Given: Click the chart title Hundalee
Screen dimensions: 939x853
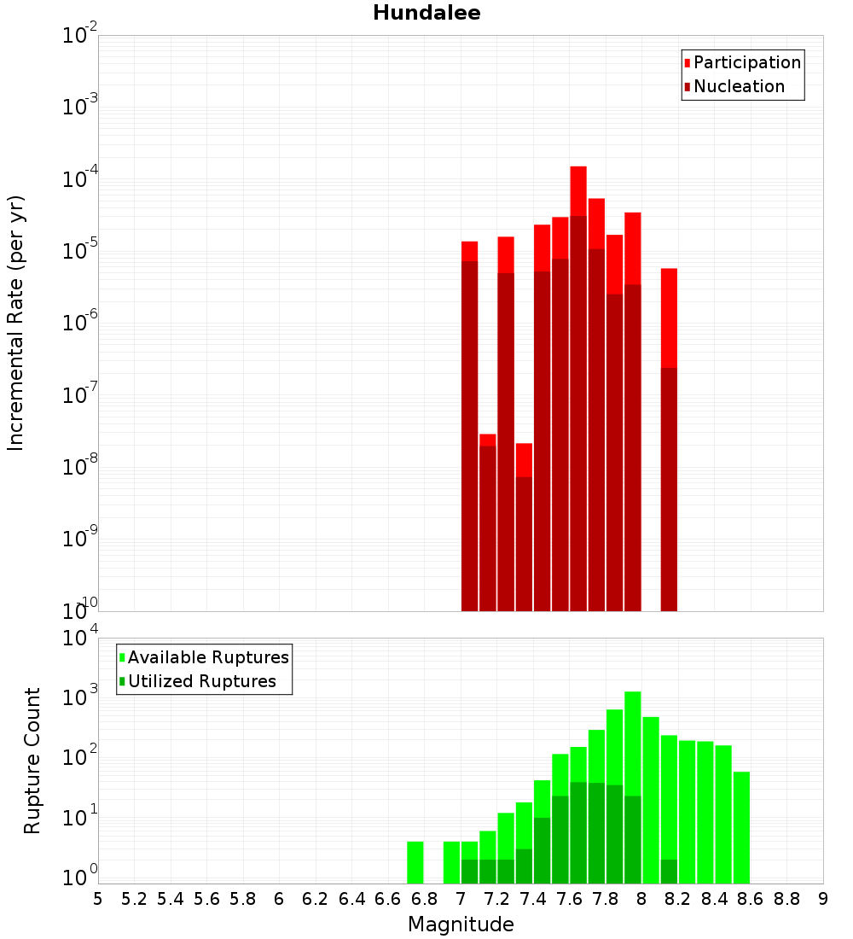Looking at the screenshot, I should click(426, 13).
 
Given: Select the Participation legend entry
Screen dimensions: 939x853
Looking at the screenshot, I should click(747, 62).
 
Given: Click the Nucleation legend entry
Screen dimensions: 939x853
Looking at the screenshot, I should click(739, 86).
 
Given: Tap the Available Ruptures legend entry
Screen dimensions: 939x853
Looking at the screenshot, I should click(208, 657).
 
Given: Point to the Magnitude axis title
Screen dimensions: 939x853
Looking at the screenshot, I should click(461, 924).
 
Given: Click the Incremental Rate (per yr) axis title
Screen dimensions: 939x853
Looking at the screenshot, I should click(15, 323).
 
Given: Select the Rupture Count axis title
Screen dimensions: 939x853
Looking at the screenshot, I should click(32, 760).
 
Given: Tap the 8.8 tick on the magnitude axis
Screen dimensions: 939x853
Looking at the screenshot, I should click(786, 899).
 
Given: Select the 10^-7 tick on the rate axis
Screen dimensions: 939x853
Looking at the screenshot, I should click(80, 395).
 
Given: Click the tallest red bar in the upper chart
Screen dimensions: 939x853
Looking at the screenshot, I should click(578, 192).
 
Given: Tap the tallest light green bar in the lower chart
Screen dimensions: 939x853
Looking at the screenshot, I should click(633, 743).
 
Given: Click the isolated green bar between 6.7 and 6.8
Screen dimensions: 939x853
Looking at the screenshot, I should click(415, 862).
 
